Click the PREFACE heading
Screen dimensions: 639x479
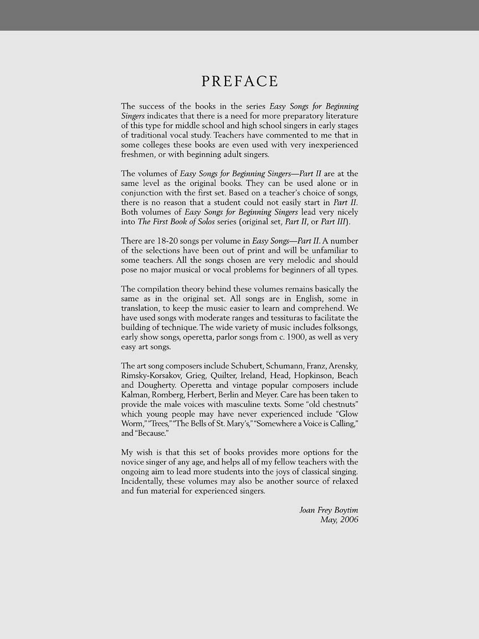tap(239, 82)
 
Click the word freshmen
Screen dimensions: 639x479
tap(139, 155)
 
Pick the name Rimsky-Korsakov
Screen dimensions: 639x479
tap(148, 376)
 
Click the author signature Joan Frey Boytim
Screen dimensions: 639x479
tap(329, 510)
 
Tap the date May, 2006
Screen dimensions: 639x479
tap(339, 520)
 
